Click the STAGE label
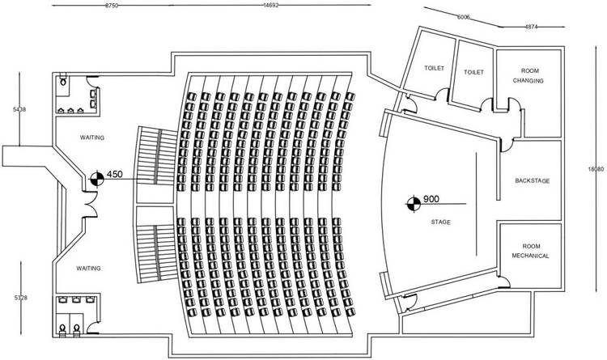tap(441, 221)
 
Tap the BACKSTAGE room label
tap(532, 180)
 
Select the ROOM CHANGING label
tap(528, 76)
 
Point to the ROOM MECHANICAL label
tap(530, 251)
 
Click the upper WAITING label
tap(92, 138)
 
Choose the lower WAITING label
tap(88, 267)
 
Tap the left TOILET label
tap(435, 69)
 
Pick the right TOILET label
tap(474, 71)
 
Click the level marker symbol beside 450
tap(96, 176)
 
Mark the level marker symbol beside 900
tap(413, 202)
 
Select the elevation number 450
tap(114, 174)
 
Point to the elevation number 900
tap(431, 199)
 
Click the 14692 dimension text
tap(271, 5)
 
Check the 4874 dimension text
tap(531, 27)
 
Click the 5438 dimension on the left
tap(9, 108)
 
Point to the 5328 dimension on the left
tap(9, 299)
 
